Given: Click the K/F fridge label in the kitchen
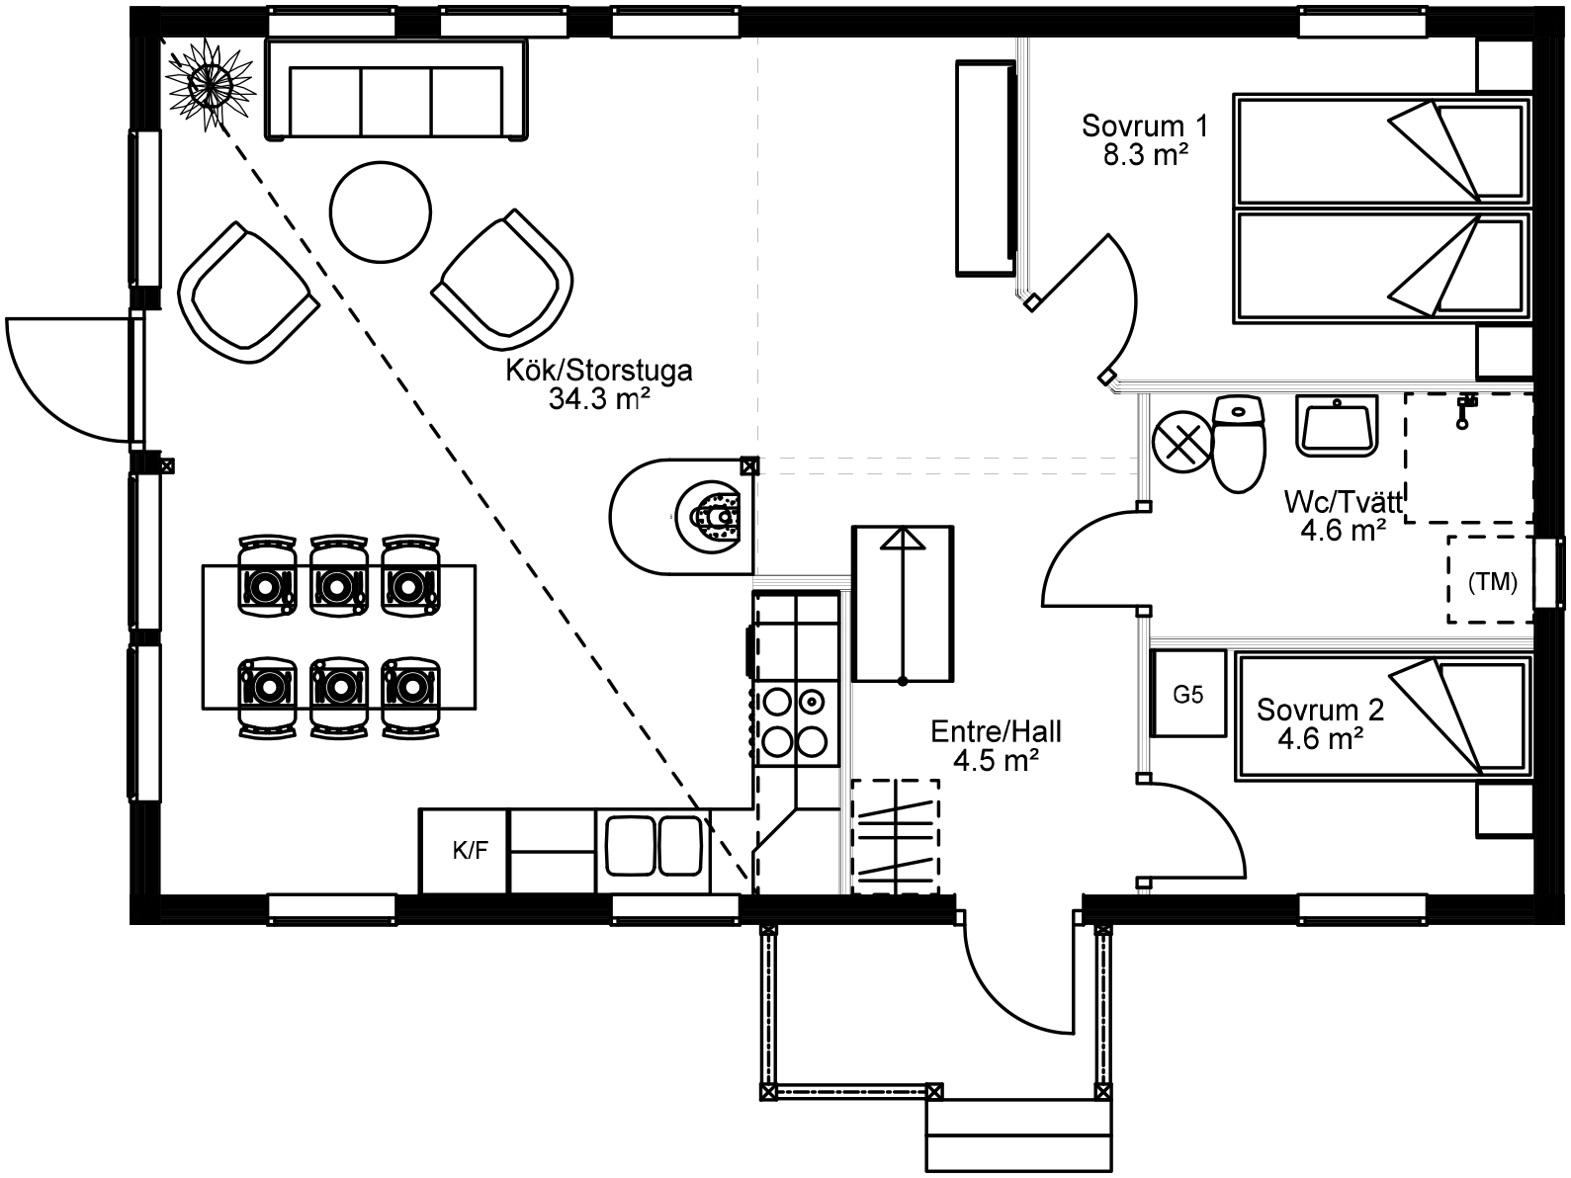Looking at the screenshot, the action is coord(471,850).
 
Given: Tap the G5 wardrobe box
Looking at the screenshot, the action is coord(1188,694).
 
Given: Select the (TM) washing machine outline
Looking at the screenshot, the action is coord(1491,579).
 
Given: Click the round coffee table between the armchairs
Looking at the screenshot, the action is coord(381,212).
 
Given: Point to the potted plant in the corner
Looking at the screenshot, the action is coord(209,84).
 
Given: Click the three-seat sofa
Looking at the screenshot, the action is coord(396,89).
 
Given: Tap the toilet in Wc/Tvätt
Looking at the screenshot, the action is coord(1238,444).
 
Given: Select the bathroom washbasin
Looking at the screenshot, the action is coord(1337,426).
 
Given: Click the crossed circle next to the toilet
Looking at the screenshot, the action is coord(1182,442).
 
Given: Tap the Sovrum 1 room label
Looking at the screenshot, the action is coord(1145,126).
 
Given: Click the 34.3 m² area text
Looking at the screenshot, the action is coord(599,398).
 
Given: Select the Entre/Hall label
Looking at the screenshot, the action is coord(996,731).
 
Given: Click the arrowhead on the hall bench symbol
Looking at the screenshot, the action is coord(903,539).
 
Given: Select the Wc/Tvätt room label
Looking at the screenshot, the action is coord(1344,502).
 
